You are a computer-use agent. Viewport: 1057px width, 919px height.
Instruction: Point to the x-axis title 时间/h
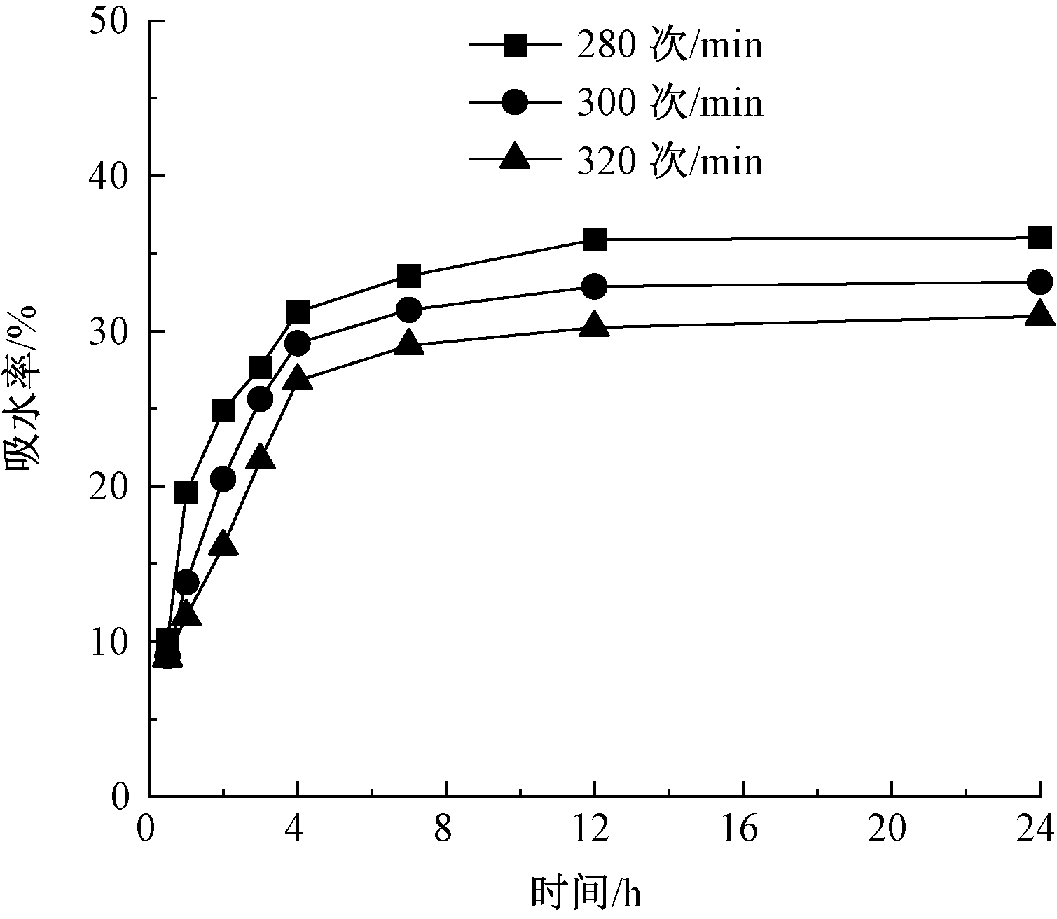pyautogui.click(x=586, y=892)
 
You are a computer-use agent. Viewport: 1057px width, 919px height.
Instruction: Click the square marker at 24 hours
pyautogui.click(x=1039, y=238)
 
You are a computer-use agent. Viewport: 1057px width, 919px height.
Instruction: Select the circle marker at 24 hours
pyautogui.click(x=1039, y=282)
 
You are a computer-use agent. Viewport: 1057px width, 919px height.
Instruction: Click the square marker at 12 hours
pyautogui.click(x=594, y=240)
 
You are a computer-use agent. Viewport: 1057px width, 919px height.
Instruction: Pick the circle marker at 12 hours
pyautogui.click(x=594, y=286)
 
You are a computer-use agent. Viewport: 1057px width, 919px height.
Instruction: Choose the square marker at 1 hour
pyautogui.click(x=186, y=493)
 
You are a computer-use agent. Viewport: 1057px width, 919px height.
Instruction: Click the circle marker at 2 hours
pyautogui.click(x=223, y=479)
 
